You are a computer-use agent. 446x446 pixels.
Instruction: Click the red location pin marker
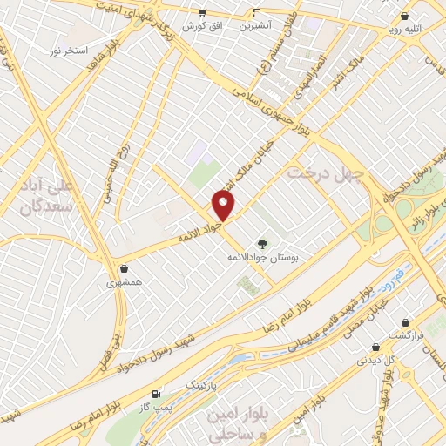click(x=224, y=206)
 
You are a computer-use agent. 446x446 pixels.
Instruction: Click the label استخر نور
click(x=67, y=51)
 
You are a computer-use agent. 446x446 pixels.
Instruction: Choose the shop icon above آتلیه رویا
click(x=405, y=16)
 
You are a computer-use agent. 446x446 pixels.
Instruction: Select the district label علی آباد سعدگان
click(x=43, y=197)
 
